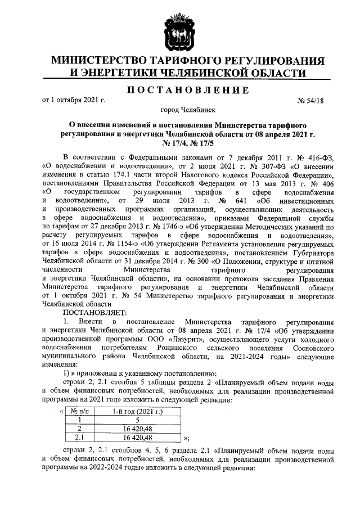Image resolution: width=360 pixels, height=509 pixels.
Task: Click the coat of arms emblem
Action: click(x=179, y=31)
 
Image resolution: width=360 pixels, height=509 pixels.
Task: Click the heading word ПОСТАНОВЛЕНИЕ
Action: click(x=179, y=91)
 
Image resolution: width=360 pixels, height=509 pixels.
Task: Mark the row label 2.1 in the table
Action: click(x=80, y=436)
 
